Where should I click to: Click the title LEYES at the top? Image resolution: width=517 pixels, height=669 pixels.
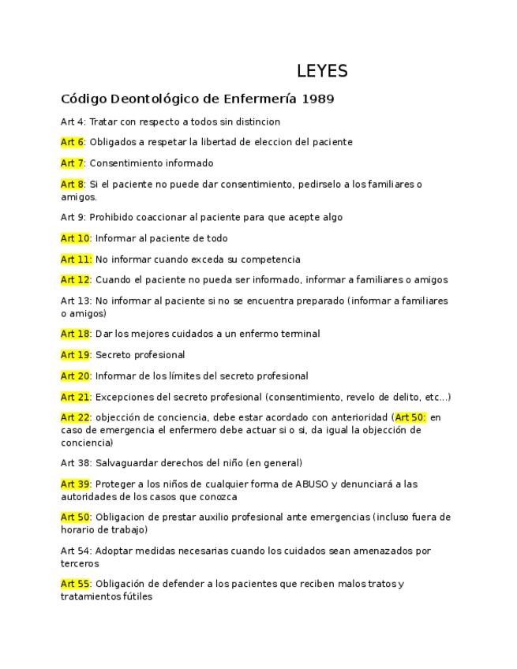click(x=322, y=71)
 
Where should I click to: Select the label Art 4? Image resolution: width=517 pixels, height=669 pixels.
click(x=72, y=122)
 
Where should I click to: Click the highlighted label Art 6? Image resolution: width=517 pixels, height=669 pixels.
click(x=72, y=143)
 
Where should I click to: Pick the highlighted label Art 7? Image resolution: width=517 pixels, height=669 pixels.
click(x=72, y=163)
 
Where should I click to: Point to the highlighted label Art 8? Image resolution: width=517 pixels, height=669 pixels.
click(x=72, y=185)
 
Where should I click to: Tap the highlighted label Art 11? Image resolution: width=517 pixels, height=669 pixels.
click(x=76, y=260)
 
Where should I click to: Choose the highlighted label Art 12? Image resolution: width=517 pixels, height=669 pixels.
click(x=75, y=280)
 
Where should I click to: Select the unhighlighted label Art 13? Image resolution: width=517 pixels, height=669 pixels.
click(x=75, y=301)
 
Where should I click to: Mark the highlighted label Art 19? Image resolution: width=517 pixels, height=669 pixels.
click(x=75, y=355)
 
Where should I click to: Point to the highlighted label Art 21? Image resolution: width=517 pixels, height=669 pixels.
click(x=75, y=397)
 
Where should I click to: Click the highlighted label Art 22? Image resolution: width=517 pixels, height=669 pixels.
click(x=75, y=417)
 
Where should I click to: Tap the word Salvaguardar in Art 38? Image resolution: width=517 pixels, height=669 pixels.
click(x=127, y=463)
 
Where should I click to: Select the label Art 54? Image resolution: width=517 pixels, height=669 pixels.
click(x=75, y=551)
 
